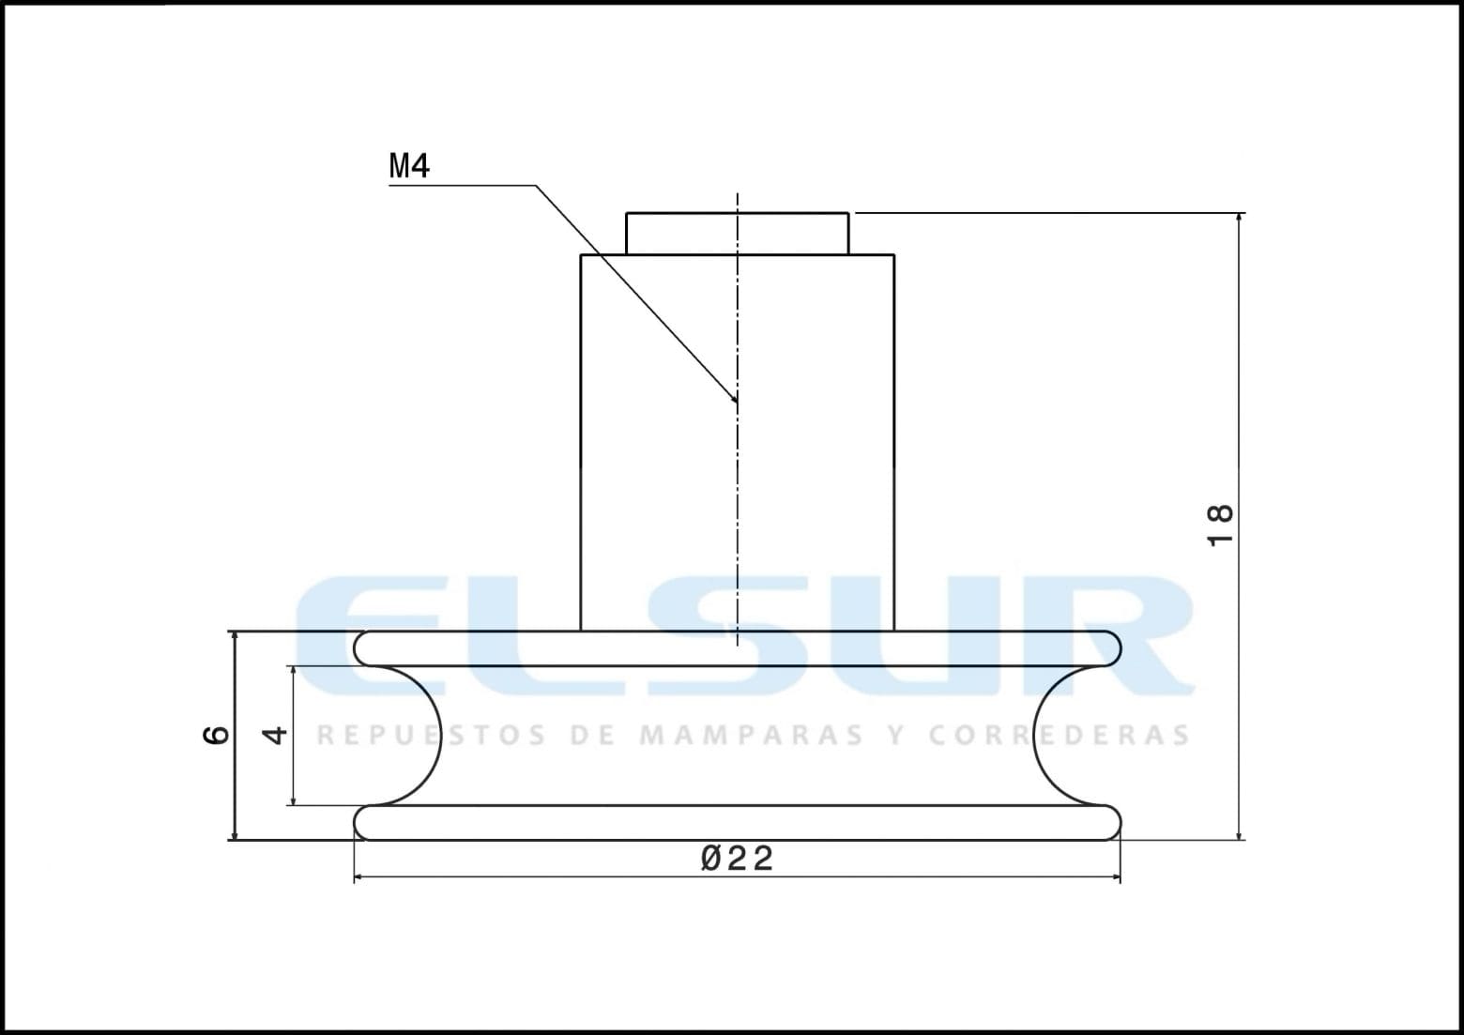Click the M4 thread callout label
(x=409, y=166)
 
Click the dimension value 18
(x=1220, y=525)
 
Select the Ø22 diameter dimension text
(x=737, y=858)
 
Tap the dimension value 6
(x=217, y=735)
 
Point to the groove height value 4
(x=274, y=735)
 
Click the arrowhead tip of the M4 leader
(x=738, y=403)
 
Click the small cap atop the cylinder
(x=738, y=234)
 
